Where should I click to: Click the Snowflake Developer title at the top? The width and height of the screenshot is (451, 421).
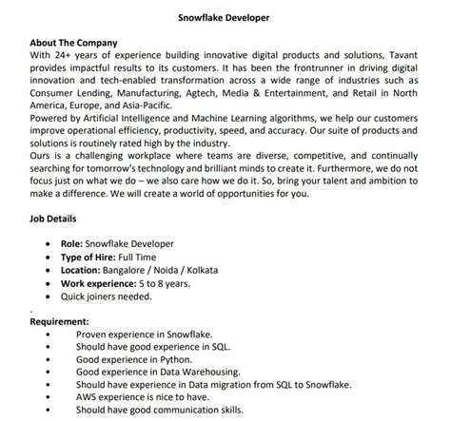pos(224,17)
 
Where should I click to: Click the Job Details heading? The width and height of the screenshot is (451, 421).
pos(56,218)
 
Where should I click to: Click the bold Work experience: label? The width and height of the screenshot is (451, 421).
pos(105,283)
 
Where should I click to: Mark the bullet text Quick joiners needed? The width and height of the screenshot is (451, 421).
pos(108,296)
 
